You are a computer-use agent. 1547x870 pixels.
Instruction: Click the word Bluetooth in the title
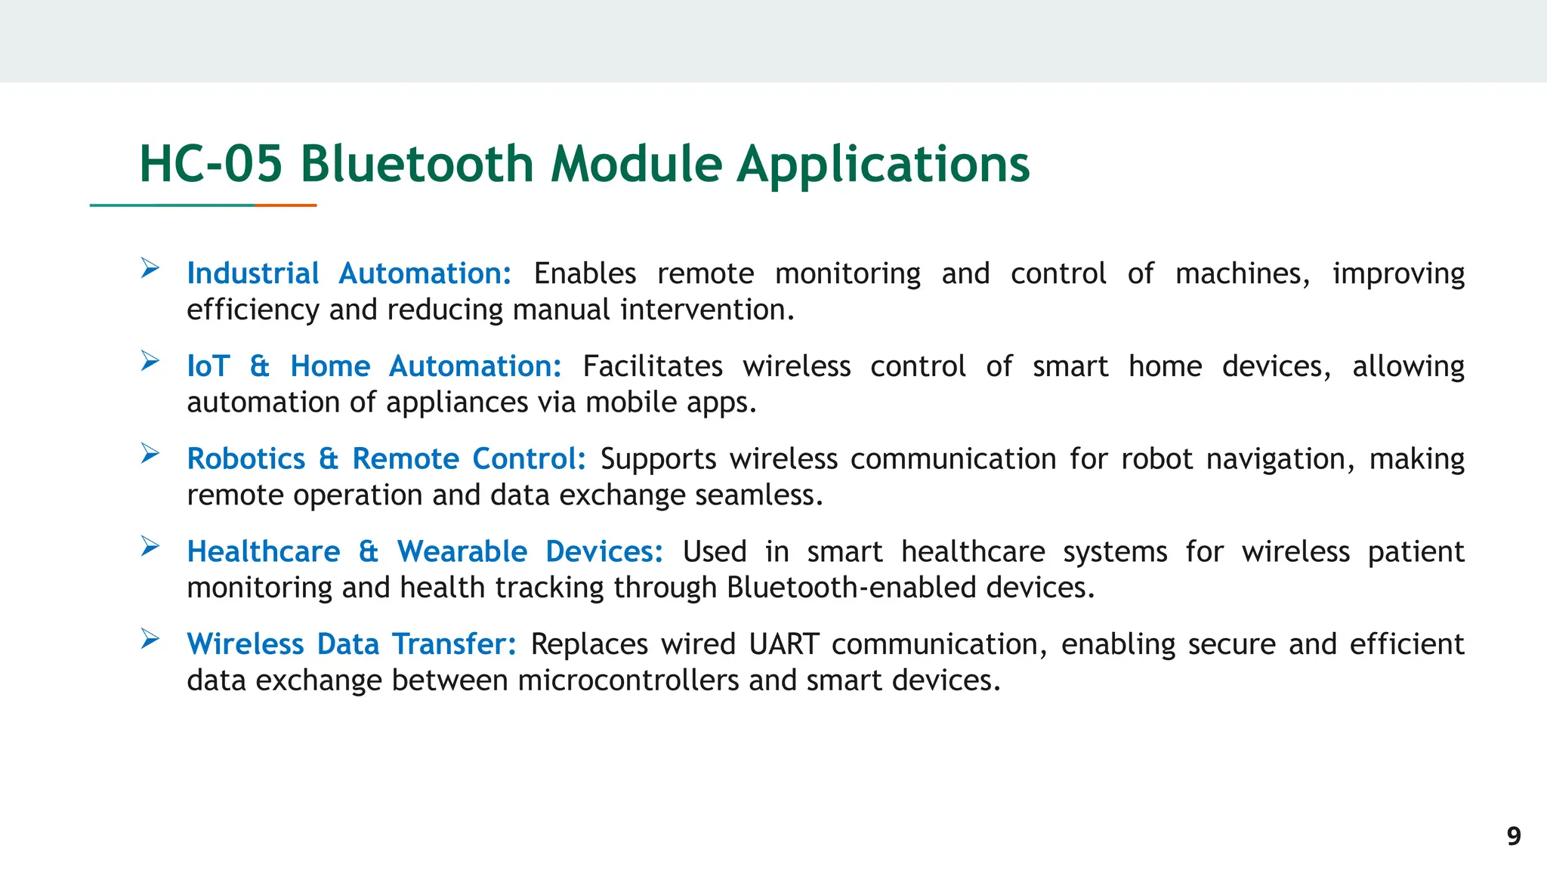417,164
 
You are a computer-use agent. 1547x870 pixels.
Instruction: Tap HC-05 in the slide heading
211,164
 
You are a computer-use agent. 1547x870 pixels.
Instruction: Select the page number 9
1513,836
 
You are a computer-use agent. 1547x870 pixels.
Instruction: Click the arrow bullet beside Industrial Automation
150,268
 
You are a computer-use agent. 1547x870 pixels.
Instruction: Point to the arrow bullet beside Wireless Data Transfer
150,639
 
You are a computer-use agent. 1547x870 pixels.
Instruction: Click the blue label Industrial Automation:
349,273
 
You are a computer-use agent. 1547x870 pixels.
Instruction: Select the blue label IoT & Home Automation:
374,366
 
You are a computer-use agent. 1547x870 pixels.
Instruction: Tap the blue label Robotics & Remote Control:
386,459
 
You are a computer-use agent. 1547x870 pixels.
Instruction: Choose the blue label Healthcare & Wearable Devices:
425,552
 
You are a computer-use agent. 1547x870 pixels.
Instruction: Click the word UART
783,644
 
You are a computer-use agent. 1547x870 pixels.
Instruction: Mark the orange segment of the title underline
286,205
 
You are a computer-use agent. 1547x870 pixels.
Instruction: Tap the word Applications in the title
883,164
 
